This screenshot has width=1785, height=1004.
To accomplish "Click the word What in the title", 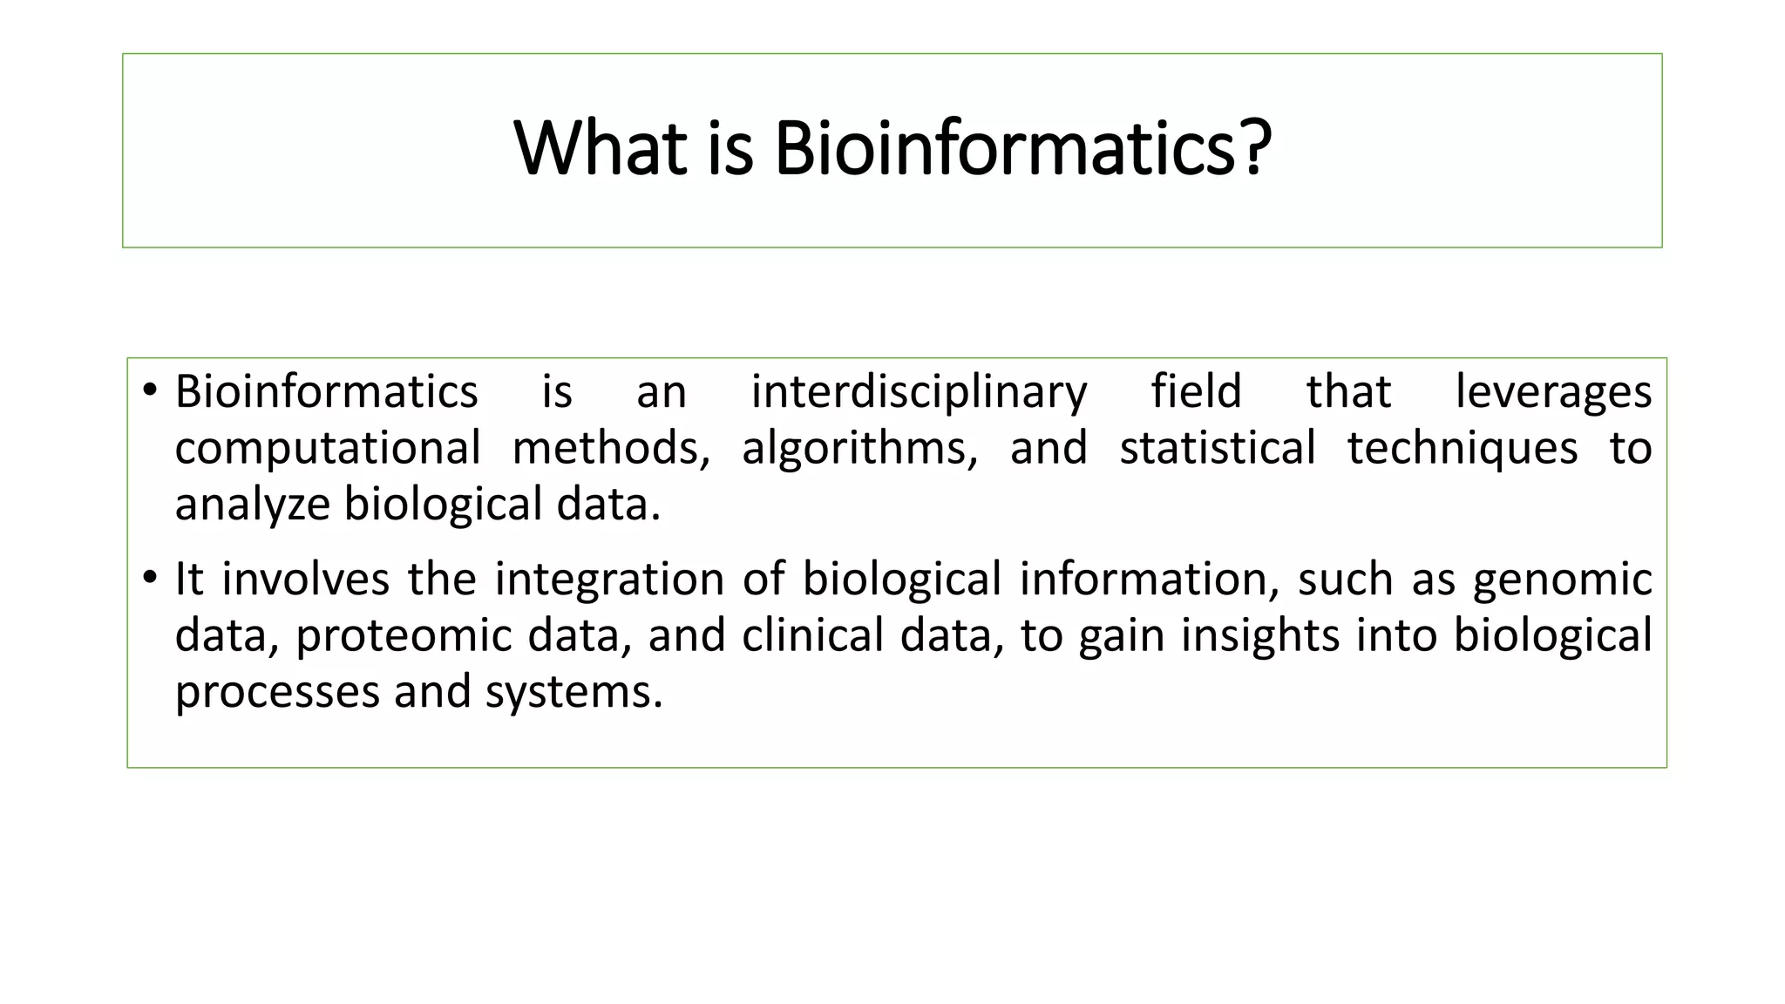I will [x=600, y=148].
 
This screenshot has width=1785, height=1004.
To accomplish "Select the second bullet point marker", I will [x=150, y=577].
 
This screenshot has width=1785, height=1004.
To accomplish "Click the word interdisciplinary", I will [x=919, y=392].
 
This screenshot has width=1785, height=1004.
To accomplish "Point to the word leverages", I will [x=1553, y=392].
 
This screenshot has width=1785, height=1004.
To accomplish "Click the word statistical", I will [x=1217, y=448].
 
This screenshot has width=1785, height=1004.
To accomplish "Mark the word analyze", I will [x=252, y=505].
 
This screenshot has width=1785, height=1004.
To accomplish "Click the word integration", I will [x=609, y=580].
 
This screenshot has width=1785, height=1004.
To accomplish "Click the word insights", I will [x=1259, y=636].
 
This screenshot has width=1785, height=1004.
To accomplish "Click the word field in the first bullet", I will [x=1196, y=390].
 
